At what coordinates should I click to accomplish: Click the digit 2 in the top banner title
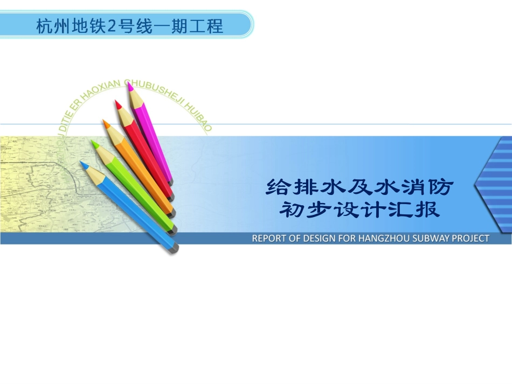112,25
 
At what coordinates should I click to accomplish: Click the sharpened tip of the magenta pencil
129,85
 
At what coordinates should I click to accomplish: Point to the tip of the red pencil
116,102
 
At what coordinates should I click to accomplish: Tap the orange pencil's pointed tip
105,123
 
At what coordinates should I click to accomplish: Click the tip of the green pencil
93,142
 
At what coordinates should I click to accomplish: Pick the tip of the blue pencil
81,162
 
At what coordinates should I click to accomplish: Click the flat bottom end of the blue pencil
174,248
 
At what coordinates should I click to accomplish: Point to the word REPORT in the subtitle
269,238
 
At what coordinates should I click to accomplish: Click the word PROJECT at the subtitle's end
470,238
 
